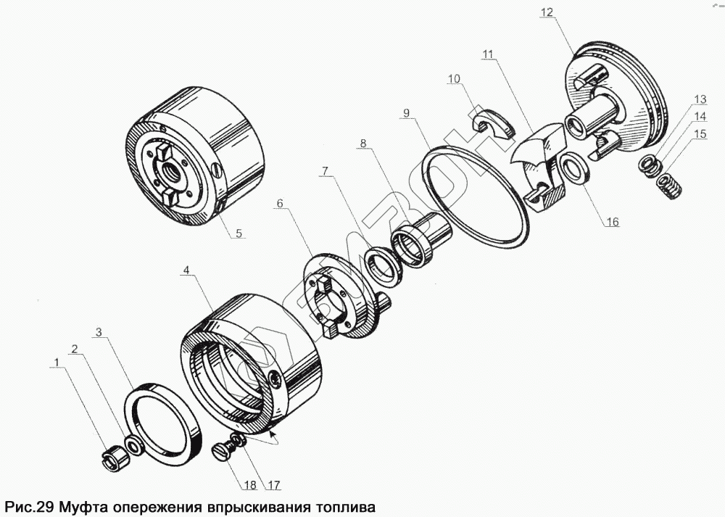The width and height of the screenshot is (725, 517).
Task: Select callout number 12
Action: pyautogui.click(x=547, y=12)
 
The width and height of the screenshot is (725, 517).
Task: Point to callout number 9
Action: pyautogui.click(x=406, y=112)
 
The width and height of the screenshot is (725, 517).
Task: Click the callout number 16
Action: pyautogui.click(x=613, y=223)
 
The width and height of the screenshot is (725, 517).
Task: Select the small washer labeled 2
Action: pyautogui.click(x=133, y=444)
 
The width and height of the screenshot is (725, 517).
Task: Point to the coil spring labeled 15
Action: pyautogui.click(x=666, y=190)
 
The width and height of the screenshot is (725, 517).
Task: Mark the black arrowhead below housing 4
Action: pyautogui.click(x=274, y=437)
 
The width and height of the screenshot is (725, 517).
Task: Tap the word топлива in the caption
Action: pyautogui.click(x=345, y=505)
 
